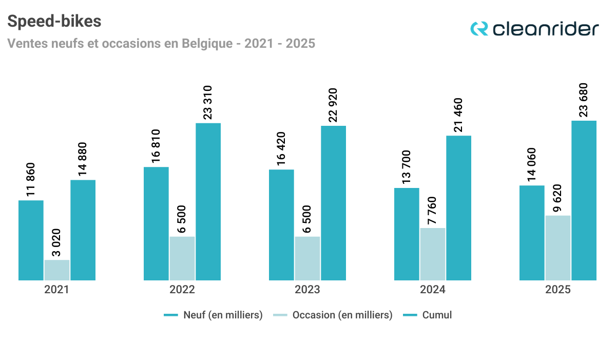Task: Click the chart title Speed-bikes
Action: (x=54, y=21)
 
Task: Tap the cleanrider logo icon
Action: (x=479, y=28)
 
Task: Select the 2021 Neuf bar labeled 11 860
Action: (x=31, y=240)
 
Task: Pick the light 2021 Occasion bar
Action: (x=57, y=270)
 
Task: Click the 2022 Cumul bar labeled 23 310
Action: (x=208, y=202)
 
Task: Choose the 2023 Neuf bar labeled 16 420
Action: (x=281, y=225)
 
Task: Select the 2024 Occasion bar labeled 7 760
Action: (x=433, y=254)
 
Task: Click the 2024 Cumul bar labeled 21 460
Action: (x=458, y=208)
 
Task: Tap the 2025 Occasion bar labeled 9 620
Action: (x=558, y=248)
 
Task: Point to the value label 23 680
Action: (x=584, y=100)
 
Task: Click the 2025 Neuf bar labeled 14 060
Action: (x=532, y=233)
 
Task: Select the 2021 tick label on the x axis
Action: (x=56, y=290)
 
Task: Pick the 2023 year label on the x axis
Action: (x=307, y=290)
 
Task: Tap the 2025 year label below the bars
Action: (x=558, y=290)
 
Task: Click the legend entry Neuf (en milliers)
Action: (x=223, y=315)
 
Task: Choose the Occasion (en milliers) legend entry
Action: (x=342, y=315)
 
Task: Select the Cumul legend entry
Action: (x=437, y=315)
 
